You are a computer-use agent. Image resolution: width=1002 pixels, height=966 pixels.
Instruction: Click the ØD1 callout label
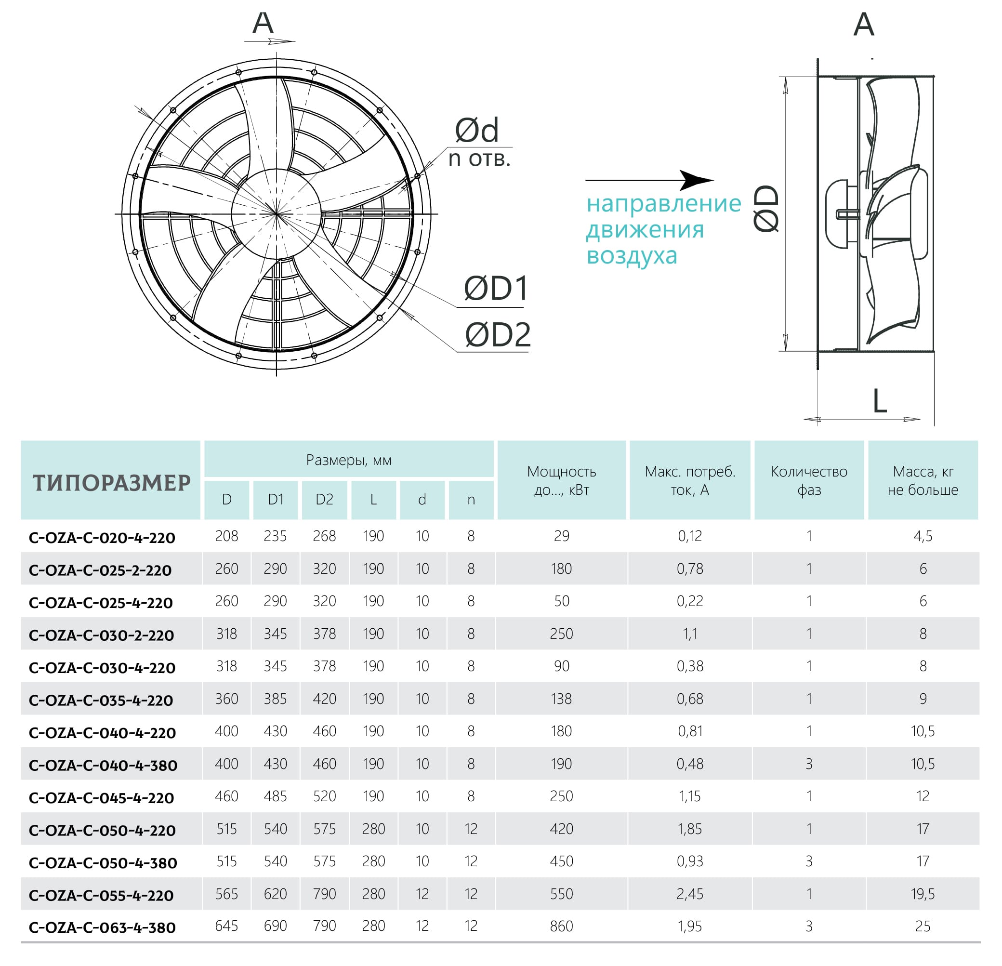[495, 289]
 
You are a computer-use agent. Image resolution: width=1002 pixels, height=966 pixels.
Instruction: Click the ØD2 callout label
[498, 335]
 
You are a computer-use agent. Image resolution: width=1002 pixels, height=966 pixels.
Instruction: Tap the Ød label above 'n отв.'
[476, 131]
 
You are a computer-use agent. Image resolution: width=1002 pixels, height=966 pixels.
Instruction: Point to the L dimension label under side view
[879, 401]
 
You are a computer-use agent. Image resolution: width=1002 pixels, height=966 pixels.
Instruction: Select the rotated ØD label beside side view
[767, 209]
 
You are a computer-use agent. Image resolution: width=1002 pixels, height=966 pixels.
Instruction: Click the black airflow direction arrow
[649, 180]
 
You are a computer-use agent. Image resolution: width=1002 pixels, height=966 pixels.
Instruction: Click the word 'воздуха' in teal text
[632, 255]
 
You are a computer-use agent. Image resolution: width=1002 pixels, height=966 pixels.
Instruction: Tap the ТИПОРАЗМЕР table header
[111, 483]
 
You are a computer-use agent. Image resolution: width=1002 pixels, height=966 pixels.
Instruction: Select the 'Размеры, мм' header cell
[349, 460]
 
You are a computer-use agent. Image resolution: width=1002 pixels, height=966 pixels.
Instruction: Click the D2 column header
[324, 500]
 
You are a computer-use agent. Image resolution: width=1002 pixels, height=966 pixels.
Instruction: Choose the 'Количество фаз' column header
[809, 480]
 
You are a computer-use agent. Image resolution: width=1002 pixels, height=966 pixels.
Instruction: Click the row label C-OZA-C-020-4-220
[102, 538]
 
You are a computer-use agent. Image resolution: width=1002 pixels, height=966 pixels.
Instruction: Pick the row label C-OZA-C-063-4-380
[102, 927]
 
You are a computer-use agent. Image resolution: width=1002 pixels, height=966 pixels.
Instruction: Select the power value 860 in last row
[561, 926]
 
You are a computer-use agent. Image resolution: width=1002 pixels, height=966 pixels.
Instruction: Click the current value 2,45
[690, 894]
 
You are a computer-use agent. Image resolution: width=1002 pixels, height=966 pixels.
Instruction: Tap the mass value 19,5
[922, 894]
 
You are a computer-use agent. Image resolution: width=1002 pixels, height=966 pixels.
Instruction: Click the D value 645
[226, 926]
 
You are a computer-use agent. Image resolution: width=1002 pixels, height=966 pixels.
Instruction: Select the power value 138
[561, 699]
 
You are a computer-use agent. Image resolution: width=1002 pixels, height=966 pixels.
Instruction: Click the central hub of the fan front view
[277, 214]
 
